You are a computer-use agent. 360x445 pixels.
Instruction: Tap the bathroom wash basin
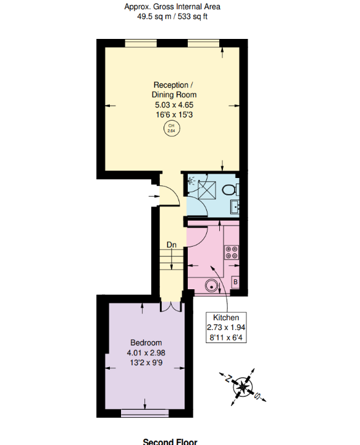235,206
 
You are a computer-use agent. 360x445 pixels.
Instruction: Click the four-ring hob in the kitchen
232,252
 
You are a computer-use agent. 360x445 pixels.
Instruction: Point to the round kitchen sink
212,286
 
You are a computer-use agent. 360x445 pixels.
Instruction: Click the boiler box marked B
235,282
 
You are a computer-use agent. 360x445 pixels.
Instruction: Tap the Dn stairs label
172,245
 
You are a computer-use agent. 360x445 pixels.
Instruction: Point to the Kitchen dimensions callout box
226,327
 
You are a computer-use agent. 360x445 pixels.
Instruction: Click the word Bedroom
146,343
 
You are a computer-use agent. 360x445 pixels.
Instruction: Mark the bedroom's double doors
170,306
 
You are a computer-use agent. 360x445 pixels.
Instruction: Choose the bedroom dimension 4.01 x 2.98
146,353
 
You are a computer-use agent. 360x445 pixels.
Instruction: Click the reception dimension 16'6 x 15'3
174,115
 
